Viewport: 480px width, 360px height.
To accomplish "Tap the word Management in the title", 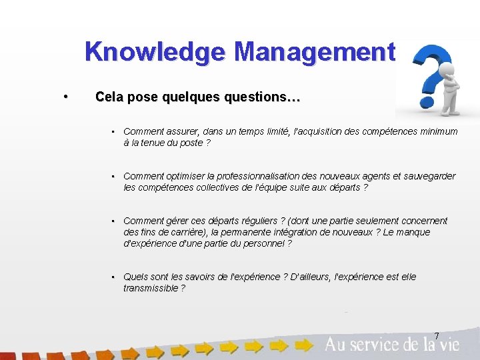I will click(x=315, y=52).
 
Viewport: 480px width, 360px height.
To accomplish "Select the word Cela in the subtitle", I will click(x=109, y=97).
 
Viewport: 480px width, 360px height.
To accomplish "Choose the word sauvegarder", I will click(x=427, y=176).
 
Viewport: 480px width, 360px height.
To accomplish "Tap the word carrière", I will click(x=185, y=232).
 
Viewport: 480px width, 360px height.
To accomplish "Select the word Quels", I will click(x=135, y=277).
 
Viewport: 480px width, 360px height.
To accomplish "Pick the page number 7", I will click(x=437, y=335).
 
